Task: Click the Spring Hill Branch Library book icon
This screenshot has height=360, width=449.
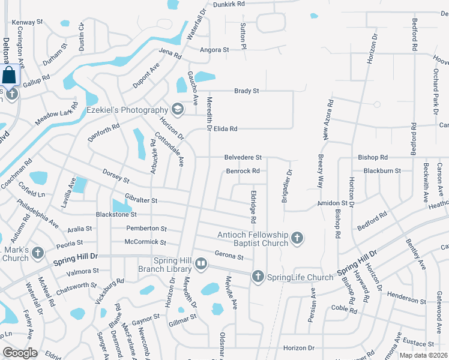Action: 201,263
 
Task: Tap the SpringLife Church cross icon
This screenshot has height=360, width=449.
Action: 258,277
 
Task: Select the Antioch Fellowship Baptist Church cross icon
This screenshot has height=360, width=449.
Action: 296,239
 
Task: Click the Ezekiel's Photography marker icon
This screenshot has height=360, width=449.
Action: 177,109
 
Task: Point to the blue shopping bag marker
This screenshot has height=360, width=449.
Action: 10,76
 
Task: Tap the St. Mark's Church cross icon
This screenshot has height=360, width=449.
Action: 38,253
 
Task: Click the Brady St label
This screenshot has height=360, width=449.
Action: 246,91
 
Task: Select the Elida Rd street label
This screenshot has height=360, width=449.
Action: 225,128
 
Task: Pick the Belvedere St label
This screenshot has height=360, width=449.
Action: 243,157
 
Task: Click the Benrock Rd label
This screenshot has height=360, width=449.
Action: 243,171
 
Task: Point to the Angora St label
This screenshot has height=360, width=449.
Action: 215,50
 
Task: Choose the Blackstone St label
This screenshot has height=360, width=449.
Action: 116,214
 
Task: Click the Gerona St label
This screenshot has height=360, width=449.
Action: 229,257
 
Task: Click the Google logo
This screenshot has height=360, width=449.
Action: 20,353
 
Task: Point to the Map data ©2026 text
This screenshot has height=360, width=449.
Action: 422,355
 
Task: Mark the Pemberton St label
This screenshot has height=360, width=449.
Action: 146,229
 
